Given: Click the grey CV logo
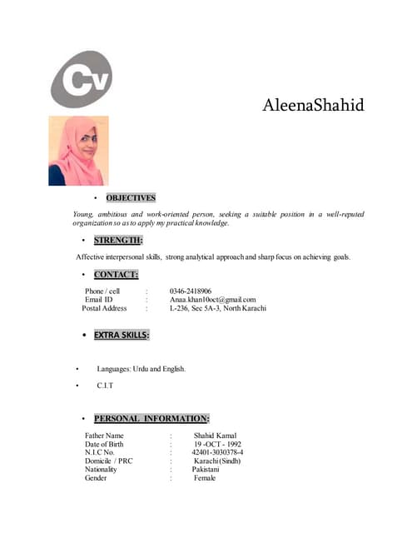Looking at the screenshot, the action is pos(82,79).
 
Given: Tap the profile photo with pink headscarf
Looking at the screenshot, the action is pos(78,151).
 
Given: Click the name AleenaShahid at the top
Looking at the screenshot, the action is pos(313,106).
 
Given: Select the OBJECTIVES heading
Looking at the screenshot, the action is pos(131,198).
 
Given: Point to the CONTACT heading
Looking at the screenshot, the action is pos(116,274).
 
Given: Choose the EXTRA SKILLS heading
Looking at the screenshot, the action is pos(122,335).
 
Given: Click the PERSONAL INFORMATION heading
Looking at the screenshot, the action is pos(151,418).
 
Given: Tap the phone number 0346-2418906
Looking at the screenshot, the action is pos(191,291).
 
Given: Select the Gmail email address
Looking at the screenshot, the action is pos(212,300).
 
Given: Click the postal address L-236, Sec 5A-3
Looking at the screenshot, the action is pos(218,308).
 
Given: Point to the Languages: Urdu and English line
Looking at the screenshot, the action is pos(141,368).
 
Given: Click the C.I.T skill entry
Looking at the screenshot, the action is pos(105,386).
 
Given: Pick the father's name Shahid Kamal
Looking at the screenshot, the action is pos(216,436).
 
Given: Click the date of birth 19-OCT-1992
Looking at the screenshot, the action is pos(217,444).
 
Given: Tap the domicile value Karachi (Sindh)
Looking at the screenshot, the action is pos(217,461).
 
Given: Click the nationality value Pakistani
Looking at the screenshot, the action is pos(206,469).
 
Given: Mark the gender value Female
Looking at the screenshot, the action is pos(205,478).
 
